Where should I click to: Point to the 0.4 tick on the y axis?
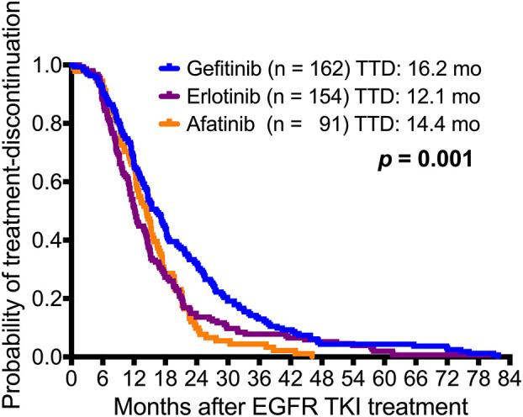tap(47, 240)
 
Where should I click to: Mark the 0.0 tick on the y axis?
tap(47, 357)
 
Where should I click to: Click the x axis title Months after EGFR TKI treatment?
tap(290, 401)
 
